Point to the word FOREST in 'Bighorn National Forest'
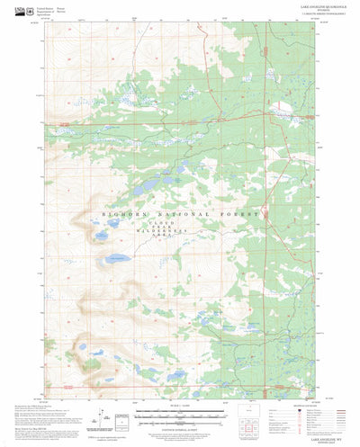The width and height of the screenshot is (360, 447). point(245,216)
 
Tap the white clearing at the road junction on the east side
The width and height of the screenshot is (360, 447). point(283,114)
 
